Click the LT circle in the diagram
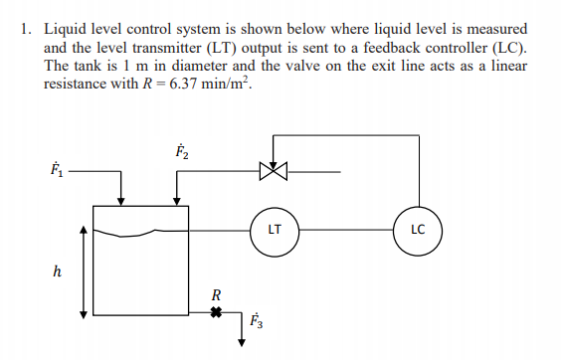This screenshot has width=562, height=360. [x=275, y=229]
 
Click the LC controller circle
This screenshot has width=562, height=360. [x=418, y=229]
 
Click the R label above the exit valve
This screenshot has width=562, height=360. [x=215, y=294]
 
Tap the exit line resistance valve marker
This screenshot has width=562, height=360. [x=214, y=313]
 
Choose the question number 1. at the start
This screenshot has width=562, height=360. [x=26, y=30]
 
